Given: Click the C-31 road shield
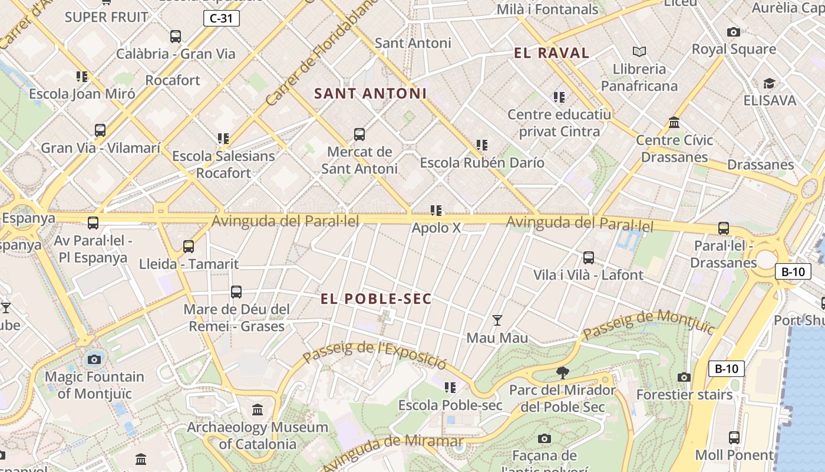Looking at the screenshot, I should (x=222, y=18).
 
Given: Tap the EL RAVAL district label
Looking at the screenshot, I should (x=552, y=53).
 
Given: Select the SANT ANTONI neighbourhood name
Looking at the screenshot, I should (x=371, y=93).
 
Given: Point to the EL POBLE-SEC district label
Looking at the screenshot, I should (x=376, y=299).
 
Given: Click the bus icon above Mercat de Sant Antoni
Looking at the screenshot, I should (x=359, y=135).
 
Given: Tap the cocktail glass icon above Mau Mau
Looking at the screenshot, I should (x=497, y=320).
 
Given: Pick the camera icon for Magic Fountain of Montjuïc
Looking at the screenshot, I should (x=94, y=359).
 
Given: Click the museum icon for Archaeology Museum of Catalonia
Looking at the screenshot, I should (x=258, y=409).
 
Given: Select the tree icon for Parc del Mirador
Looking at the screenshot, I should (x=563, y=372).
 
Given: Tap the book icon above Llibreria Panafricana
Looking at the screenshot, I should (x=639, y=51).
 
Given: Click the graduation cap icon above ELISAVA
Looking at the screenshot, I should (x=769, y=83).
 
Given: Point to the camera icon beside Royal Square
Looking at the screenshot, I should (x=734, y=32).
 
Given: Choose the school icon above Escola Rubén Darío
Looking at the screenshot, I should (x=482, y=145).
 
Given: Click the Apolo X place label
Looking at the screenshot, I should (x=436, y=228).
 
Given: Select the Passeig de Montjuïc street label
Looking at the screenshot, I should (x=648, y=324).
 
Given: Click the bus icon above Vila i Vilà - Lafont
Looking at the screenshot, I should (x=588, y=258).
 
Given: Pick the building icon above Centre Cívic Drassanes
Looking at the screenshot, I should (x=674, y=123).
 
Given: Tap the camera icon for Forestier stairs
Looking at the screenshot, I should (x=684, y=377).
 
